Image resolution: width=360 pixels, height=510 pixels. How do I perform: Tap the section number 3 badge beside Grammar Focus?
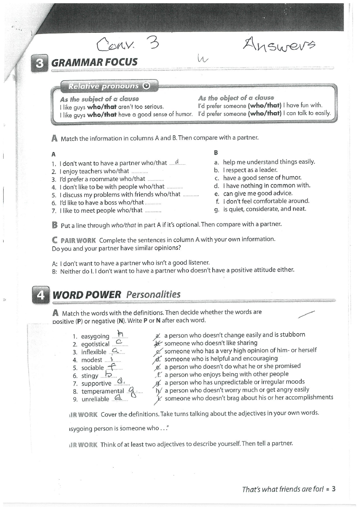(40, 62)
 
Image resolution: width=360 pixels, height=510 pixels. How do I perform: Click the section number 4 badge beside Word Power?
(40, 295)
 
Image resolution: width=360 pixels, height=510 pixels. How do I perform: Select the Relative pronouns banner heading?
(103, 86)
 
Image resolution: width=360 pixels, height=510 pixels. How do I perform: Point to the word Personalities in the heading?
(153, 295)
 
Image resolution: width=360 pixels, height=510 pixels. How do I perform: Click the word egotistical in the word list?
(95, 344)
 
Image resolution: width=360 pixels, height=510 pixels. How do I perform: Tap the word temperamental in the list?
(103, 391)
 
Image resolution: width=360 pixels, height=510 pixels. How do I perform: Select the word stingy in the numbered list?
(89, 376)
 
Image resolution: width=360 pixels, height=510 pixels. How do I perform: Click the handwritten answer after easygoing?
(119, 334)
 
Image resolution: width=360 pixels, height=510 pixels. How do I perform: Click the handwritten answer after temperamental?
(132, 391)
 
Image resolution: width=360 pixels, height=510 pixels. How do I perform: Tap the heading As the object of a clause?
(236, 98)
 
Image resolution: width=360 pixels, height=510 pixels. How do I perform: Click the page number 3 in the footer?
(334, 489)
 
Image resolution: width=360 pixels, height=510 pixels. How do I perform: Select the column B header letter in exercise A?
(216, 153)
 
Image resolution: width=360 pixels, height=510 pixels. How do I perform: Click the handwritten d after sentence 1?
(177, 162)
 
